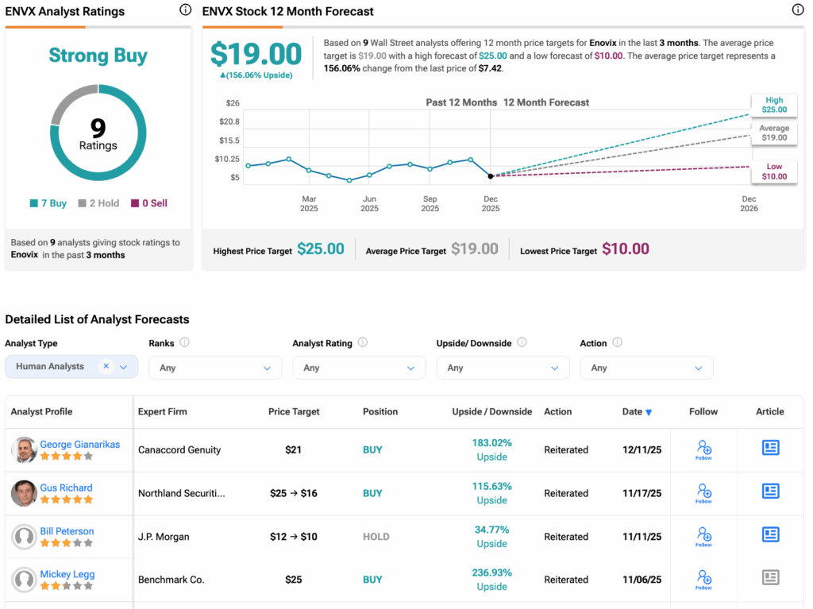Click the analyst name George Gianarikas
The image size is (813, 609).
(80, 445)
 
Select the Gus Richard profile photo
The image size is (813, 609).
(24, 493)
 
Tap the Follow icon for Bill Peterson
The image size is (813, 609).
(703, 536)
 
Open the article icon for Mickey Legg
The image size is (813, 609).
(770, 578)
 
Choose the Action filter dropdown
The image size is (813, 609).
(646, 368)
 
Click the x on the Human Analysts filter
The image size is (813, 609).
(106, 367)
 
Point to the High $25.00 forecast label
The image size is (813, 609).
(773, 105)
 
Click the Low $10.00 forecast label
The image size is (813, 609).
(773, 172)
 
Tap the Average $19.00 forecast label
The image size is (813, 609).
(773, 133)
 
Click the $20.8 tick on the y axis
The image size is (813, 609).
(229, 121)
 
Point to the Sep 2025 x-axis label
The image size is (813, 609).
(430, 203)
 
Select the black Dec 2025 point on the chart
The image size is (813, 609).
(491, 176)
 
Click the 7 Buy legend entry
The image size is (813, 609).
(48, 203)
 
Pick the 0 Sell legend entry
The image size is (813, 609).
(149, 203)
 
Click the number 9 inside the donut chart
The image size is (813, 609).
(98, 128)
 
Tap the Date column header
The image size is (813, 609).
(637, 411)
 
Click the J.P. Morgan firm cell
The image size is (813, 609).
(164, 537)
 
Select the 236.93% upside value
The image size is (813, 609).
(491, 572)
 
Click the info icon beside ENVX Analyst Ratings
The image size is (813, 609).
(185, 10)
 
